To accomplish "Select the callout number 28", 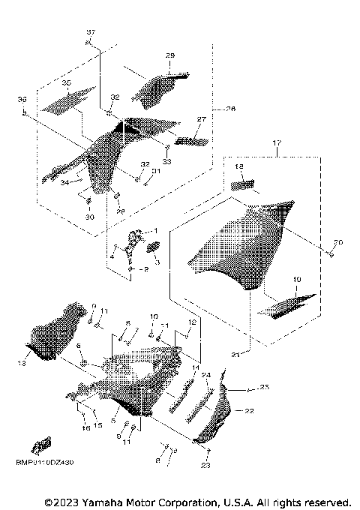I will tap(170, 56).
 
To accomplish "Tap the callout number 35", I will tap(67, 82).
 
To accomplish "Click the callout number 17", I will tap(277, 142).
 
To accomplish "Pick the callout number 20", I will tap(337, 242).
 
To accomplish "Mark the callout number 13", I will tap(22, 363).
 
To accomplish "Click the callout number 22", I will tap(249, 411).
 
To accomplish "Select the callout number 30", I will tap(90, 217).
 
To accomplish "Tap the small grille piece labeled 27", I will tap(190, 139).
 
